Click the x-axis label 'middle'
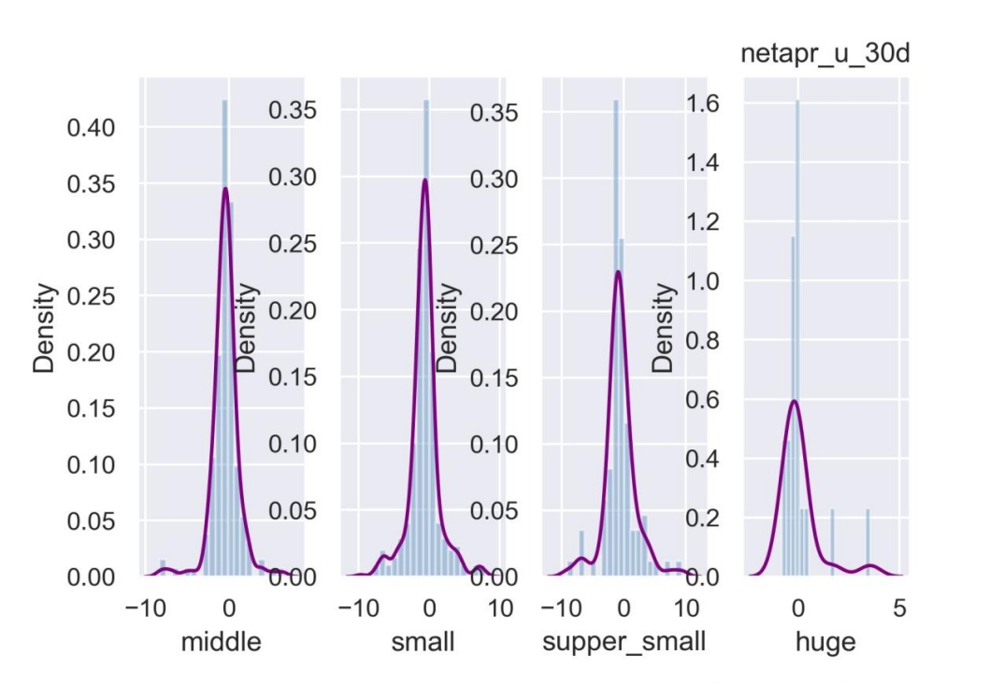(221, 643)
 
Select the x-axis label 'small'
(423, 643)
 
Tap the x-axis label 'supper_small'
(623, 643)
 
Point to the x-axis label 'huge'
(825, 643)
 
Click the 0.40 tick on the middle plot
(91, 128)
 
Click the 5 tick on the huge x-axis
(899, 610)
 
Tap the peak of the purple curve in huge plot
(794, 401)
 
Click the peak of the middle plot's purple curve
(224, 189)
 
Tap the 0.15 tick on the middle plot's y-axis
(91, 409)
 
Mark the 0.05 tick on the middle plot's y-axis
(91, 521)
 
